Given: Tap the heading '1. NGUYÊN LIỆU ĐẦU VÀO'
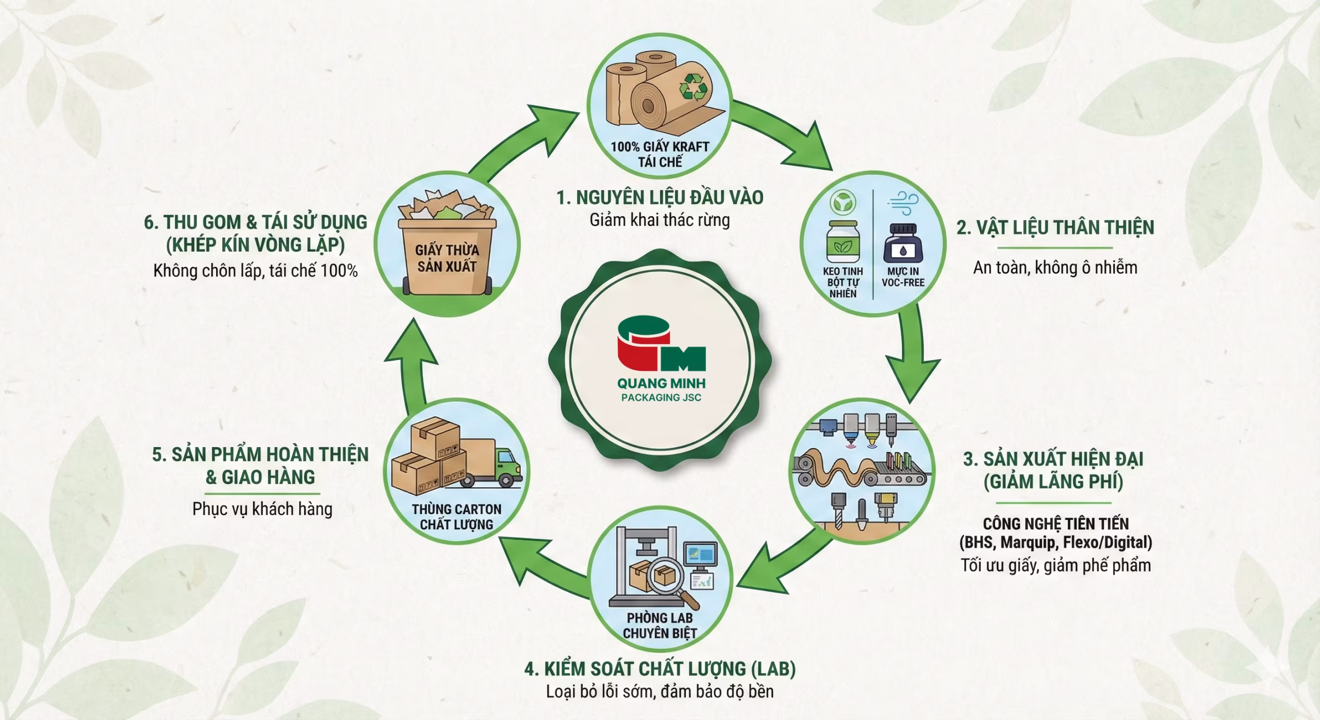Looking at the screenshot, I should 660,198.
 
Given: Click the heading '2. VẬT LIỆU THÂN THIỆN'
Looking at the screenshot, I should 1055,227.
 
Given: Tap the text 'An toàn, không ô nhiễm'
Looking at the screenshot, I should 1055,268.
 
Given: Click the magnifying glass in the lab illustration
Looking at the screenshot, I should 669,580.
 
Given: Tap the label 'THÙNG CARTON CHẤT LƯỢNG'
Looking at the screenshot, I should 456,517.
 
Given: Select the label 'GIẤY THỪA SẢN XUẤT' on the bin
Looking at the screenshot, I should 447,258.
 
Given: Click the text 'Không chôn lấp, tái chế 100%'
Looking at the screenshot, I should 255,271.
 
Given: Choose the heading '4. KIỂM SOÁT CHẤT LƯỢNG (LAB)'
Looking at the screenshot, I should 660,669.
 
